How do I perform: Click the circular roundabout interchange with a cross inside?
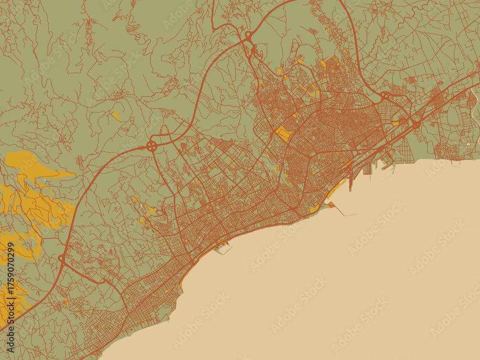tap(152, 145)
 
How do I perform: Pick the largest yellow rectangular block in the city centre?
tap(283, 133)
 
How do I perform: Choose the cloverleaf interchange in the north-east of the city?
tap(385, 96)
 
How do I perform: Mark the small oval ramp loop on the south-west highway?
tap(61, 259)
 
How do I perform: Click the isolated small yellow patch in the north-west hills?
tap(117, 116)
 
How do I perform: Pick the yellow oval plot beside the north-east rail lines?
tap(395, 123)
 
